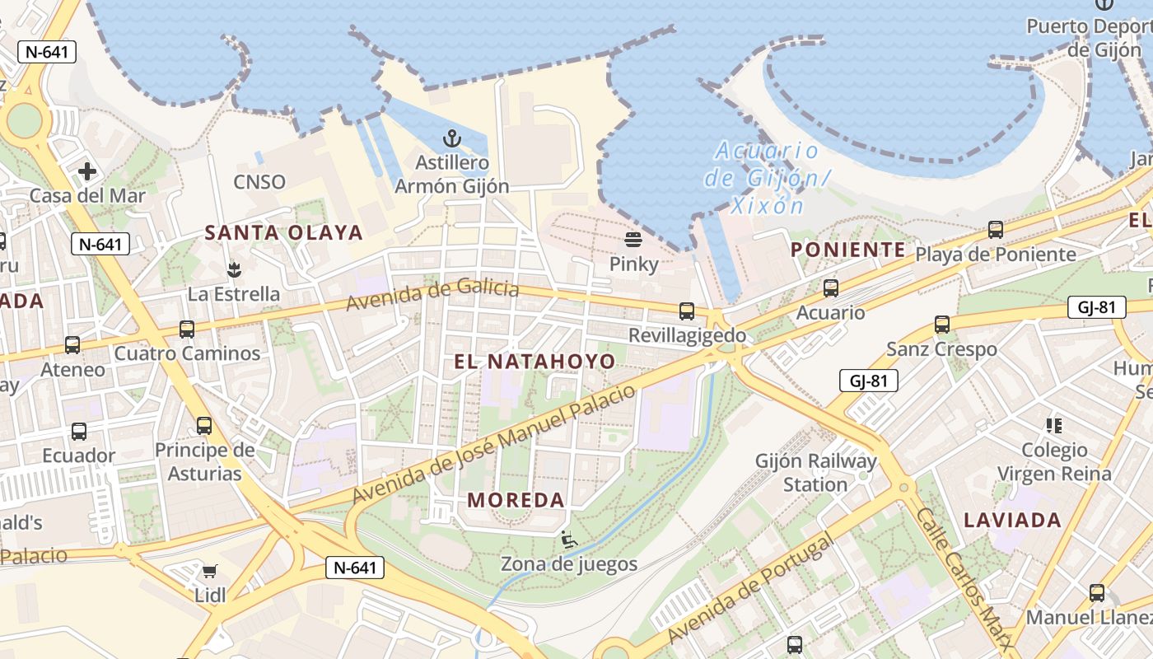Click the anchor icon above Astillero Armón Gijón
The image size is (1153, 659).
(x=450, y=138)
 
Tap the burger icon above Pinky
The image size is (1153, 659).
(x=633, y=240)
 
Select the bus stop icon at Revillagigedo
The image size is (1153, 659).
(x=687, y=311)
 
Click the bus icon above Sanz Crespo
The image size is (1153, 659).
(x=942, y=325)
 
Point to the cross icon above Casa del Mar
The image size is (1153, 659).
(x=87, y=171)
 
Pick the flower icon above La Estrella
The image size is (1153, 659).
(x=234, y=269)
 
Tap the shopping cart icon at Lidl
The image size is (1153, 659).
(x=210, y=571)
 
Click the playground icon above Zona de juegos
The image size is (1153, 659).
(x=568, y=540)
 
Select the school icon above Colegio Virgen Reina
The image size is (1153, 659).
(x=1054, y=425)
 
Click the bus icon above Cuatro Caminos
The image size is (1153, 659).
(x=187, y=329)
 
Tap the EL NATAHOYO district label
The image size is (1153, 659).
(x=534, y=362)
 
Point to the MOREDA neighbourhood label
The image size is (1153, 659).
(x=516, y=500)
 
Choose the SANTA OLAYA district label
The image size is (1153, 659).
(x=283, y=233)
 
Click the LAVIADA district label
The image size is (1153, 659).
(x=1012, y=521)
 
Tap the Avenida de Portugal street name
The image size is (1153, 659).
(x=750, y=587)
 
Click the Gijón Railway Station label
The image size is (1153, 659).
(x=815, y=473)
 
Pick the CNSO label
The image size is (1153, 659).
(x=259, y=182)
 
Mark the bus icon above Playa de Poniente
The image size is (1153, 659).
(x=996, y=230)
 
